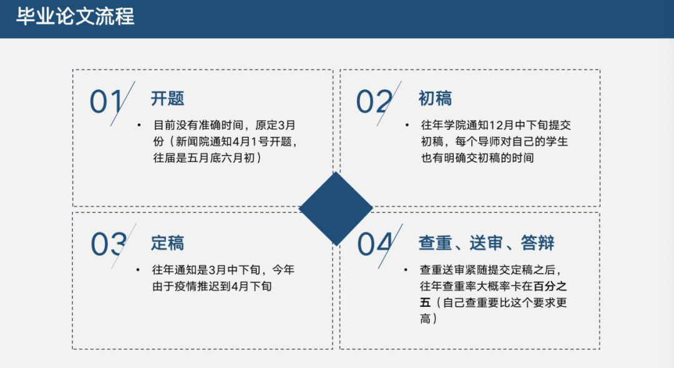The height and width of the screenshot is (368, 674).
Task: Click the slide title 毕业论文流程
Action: coord(76,17)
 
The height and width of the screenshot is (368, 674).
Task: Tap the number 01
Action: coord(106,102)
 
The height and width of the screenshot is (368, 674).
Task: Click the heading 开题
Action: coord(167,99)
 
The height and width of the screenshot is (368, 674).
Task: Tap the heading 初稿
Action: coord(435,99)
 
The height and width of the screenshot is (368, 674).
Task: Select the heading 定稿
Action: coord(167,243)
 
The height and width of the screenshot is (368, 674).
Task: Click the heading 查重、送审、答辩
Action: coord(486,243)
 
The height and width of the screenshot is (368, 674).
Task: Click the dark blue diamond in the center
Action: coord(336,209)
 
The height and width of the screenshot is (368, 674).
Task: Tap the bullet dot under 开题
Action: coord(139,125)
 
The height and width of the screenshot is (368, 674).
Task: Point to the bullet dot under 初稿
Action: coord(407,125)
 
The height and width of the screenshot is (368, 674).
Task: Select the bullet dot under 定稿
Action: coord(138,270)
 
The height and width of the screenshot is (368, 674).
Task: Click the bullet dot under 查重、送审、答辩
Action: coord(406,270)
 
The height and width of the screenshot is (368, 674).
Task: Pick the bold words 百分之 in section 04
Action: coord(550,286)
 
